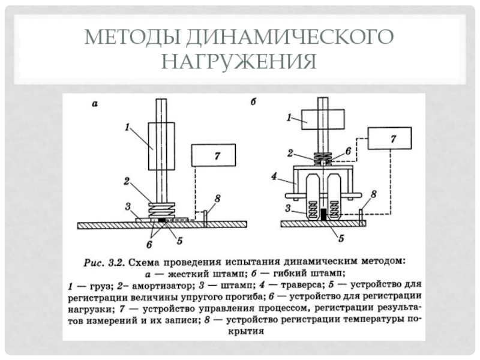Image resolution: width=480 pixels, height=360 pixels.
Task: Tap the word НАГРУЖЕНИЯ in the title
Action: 240,61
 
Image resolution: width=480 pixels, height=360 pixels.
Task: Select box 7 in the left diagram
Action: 214,155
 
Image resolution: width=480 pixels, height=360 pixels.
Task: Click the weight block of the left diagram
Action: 160,145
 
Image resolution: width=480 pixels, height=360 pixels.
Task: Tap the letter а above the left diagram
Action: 94,103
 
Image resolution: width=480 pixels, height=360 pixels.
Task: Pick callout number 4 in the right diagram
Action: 273,177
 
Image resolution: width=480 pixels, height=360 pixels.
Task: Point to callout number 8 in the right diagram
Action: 373,194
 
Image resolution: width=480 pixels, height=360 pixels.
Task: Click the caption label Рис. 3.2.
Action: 104,262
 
